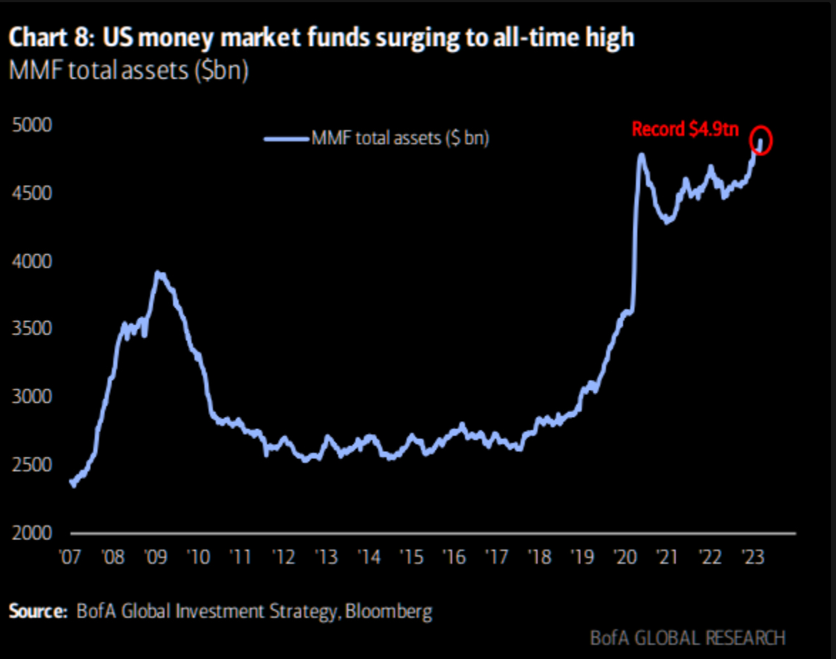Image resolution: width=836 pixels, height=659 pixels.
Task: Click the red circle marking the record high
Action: [761, 139]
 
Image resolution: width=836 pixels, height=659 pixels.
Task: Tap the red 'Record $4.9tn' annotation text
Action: [686, 130]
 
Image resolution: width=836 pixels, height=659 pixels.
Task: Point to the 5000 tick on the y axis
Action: [33, 125]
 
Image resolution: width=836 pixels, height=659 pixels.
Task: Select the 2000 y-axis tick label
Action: [33, 533]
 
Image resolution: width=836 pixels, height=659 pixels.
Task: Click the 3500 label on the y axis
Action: [33, 329]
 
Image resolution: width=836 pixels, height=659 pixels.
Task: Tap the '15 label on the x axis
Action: [412, 556]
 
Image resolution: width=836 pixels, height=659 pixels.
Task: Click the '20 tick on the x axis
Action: [625, 556]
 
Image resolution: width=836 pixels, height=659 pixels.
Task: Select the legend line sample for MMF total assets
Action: [287, 139]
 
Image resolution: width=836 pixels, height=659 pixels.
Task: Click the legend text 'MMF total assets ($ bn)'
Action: [400, 139]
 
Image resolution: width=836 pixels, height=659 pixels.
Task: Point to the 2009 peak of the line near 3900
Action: [160, 273]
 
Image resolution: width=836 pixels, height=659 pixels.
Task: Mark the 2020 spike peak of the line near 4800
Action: [642, 154]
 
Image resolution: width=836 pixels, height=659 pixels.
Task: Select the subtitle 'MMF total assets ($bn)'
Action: [128, 72]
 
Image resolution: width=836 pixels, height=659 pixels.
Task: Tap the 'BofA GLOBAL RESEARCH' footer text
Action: [687, 638]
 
